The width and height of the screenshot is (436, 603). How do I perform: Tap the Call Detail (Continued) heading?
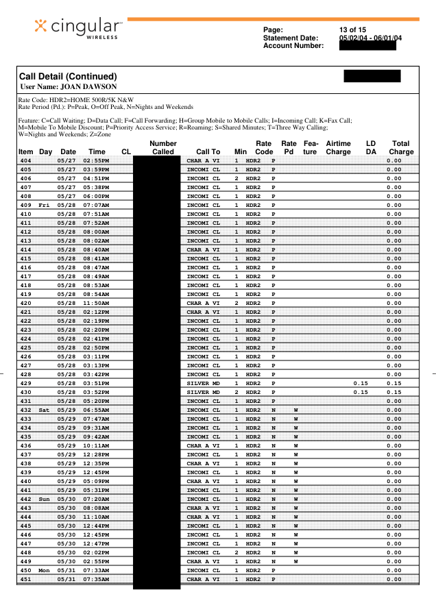click(68, 76)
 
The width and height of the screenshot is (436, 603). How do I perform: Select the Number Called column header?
click(163, 147)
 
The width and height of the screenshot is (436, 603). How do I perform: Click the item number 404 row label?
click(25, 160)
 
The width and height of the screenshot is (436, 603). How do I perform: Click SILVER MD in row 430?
click(203, 392)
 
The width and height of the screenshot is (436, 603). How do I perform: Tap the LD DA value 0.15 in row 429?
click(360, 383)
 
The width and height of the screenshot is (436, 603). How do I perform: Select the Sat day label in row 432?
click(45, 410)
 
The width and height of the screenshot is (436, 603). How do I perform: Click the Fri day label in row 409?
click(45, 205)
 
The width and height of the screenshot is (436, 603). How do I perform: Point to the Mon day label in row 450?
click(45, 570)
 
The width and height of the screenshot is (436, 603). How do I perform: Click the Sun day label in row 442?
click(45, 499)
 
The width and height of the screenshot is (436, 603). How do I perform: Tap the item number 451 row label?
click(25, 579)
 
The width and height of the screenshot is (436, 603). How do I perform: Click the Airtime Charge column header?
click(338, 147)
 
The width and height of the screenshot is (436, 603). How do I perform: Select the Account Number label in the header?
click(293, 46)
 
